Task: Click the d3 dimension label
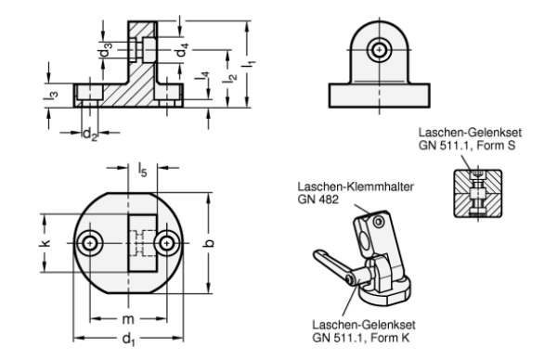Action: tap(105, 50)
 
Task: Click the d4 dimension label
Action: tap(182, 50)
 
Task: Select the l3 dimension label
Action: tap(50, 96)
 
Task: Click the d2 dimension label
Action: tap(89, 135)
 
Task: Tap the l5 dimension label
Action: tap(142, 170)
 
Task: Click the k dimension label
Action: tap(45, 243)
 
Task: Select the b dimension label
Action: tap(210, 243)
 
